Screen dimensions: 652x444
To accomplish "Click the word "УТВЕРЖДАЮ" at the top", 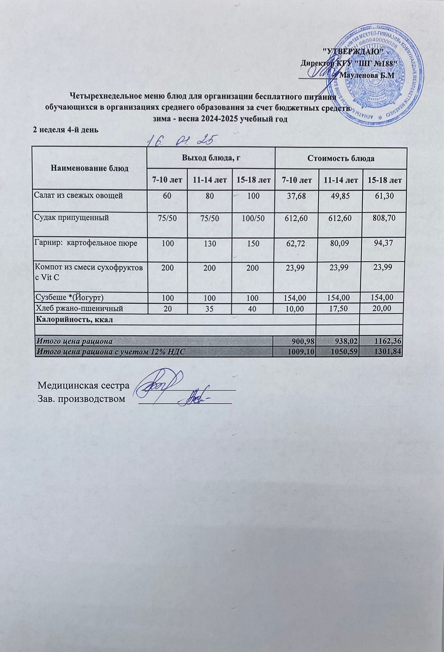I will pos(353,52).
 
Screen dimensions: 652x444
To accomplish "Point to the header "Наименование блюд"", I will pos(90,168).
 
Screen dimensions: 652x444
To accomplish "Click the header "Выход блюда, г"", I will pos(210,158).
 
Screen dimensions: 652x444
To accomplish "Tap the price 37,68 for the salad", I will pos(296,196).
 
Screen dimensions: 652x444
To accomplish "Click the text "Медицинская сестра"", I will pos(83,385).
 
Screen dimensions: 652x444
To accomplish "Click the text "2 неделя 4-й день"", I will pos(65,130).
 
